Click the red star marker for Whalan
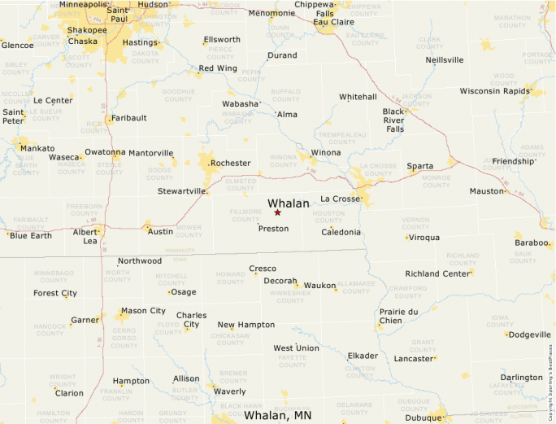point(277,212)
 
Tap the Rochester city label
point(230,163)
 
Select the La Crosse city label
point(340,199)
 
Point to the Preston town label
point(273,229)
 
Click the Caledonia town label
point(341,232)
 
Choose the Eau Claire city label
point(337,22)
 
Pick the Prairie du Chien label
point(399,316)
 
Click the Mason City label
point(143,311)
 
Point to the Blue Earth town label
point(31,236)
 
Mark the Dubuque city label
point(423,417)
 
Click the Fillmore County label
point(246,216)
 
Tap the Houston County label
point(328,217)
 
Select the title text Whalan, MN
point(277,416)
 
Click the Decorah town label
point(280,281)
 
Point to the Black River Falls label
point(394,120)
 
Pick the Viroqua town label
point(424,238)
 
